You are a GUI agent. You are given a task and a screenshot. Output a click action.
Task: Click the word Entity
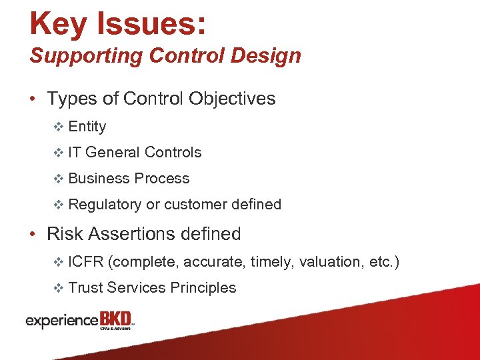[x=87, y=127]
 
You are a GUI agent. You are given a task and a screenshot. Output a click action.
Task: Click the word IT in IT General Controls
[x=75, y=153]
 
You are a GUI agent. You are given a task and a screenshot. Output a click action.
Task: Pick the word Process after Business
[x=162, y=179]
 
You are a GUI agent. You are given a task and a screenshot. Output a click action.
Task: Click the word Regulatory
[x=105, y=205]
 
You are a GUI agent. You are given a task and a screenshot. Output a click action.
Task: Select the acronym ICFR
[x=85, y=262]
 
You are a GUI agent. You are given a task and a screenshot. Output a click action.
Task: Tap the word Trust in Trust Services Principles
[x=85, y=288]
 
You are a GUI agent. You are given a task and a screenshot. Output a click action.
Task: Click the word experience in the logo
[x=62, y=321]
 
